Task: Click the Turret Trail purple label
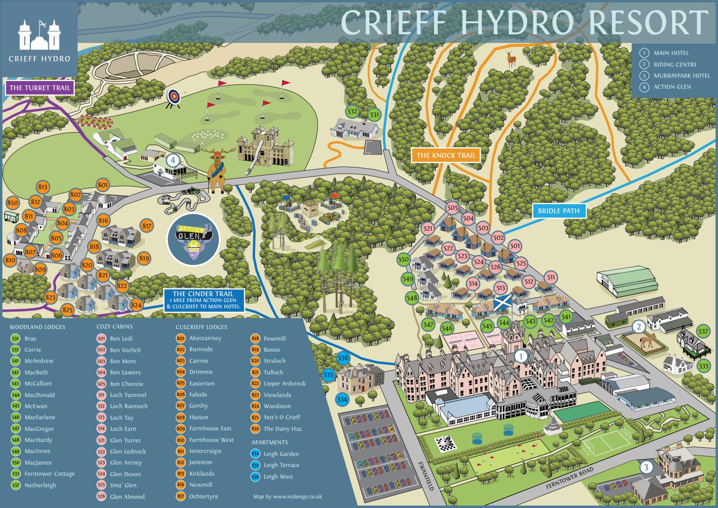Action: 40,88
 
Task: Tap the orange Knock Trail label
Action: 446,155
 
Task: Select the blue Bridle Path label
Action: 559,211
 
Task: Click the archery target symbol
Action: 173,97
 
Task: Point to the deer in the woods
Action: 511,58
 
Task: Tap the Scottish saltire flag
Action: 501,304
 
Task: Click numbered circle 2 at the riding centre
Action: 639,327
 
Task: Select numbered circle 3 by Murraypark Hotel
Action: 646,467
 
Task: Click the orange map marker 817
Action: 147,226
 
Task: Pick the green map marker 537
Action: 704,331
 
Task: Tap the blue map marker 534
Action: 342,399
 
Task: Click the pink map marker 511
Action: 551,277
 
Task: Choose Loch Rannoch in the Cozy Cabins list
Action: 128,406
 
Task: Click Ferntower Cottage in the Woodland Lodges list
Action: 49,474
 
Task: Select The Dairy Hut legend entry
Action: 282,429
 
